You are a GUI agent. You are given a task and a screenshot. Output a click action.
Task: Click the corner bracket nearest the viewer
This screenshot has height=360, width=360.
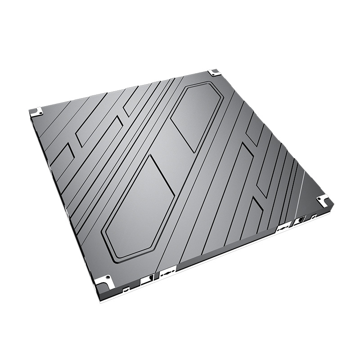coord(104,281)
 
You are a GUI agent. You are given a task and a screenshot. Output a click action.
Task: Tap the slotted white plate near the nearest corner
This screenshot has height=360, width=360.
coord(167,273)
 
